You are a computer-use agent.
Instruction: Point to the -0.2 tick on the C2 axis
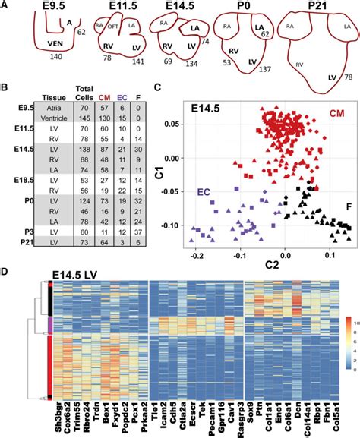196,246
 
